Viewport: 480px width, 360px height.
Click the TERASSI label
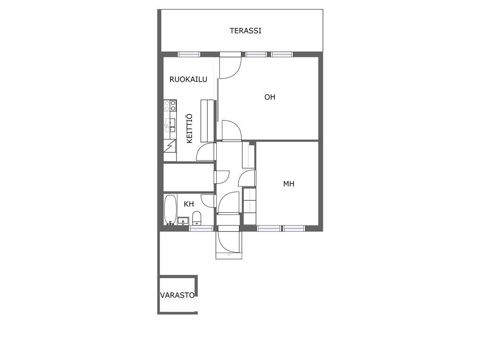pyautogui.click(x=245, y=31)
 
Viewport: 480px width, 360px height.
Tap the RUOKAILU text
pyautogui.click(x=188, y=79)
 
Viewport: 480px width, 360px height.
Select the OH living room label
pyautogui.click(x=270, y=97)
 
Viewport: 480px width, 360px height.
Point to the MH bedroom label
pyautogui.click(x=289, y=184)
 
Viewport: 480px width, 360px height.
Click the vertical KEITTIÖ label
pyautogui.click(x=189, y=128)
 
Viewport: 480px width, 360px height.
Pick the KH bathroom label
pyautogui.click(x=189, y=204)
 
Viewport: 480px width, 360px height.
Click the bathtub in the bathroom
pyautogui.click(x=170, y=210)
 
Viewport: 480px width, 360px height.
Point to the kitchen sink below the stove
pyautogui.click(x=170, y=125)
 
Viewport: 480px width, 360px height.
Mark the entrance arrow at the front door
pyautogui.click(x=229, y=255)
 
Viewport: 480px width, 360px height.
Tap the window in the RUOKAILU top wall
pyautogui.click(x=189, y=54)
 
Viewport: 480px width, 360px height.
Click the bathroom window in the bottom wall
pyautogui.click(x=201, y=228)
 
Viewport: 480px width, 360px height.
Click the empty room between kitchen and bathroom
pyautogui.click(x=188, y=177)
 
